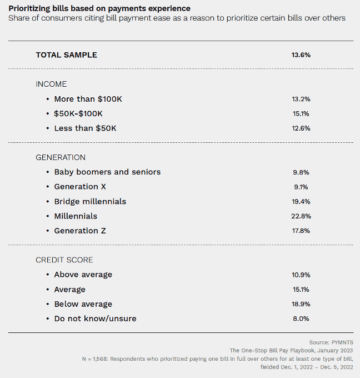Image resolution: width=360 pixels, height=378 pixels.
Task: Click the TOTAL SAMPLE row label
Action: [66, 55]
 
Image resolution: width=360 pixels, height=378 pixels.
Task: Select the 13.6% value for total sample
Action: [301, 55]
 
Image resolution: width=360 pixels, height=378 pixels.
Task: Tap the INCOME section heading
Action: [51, 84]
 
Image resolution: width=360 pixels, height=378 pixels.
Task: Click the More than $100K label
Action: [88, 99]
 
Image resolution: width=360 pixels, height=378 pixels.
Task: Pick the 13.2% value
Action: [301, 99]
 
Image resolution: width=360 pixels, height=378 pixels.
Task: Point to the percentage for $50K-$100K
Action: [301, 113]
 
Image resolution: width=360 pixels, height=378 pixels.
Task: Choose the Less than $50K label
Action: [85, 128]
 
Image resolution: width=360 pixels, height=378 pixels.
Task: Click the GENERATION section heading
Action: [61, 157]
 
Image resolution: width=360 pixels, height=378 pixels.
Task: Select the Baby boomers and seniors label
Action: [107, 172]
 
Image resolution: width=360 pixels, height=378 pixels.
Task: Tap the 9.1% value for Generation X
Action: [301, 187]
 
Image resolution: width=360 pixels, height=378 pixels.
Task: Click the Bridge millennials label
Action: [90, 201]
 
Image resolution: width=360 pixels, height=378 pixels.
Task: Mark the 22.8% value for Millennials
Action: [301, 216]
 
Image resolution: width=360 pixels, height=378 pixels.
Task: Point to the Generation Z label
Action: [81, 230]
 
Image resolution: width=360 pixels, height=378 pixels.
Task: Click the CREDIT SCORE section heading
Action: [64, 260]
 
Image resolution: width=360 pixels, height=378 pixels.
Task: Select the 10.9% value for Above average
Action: [301, 275]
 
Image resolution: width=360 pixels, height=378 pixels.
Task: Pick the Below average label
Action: [83, 304]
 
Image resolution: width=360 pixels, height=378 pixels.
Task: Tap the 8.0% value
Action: [301, 319]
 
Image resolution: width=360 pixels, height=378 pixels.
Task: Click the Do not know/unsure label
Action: [95, 319]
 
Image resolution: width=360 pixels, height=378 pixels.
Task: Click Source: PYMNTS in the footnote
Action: [331, 342]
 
